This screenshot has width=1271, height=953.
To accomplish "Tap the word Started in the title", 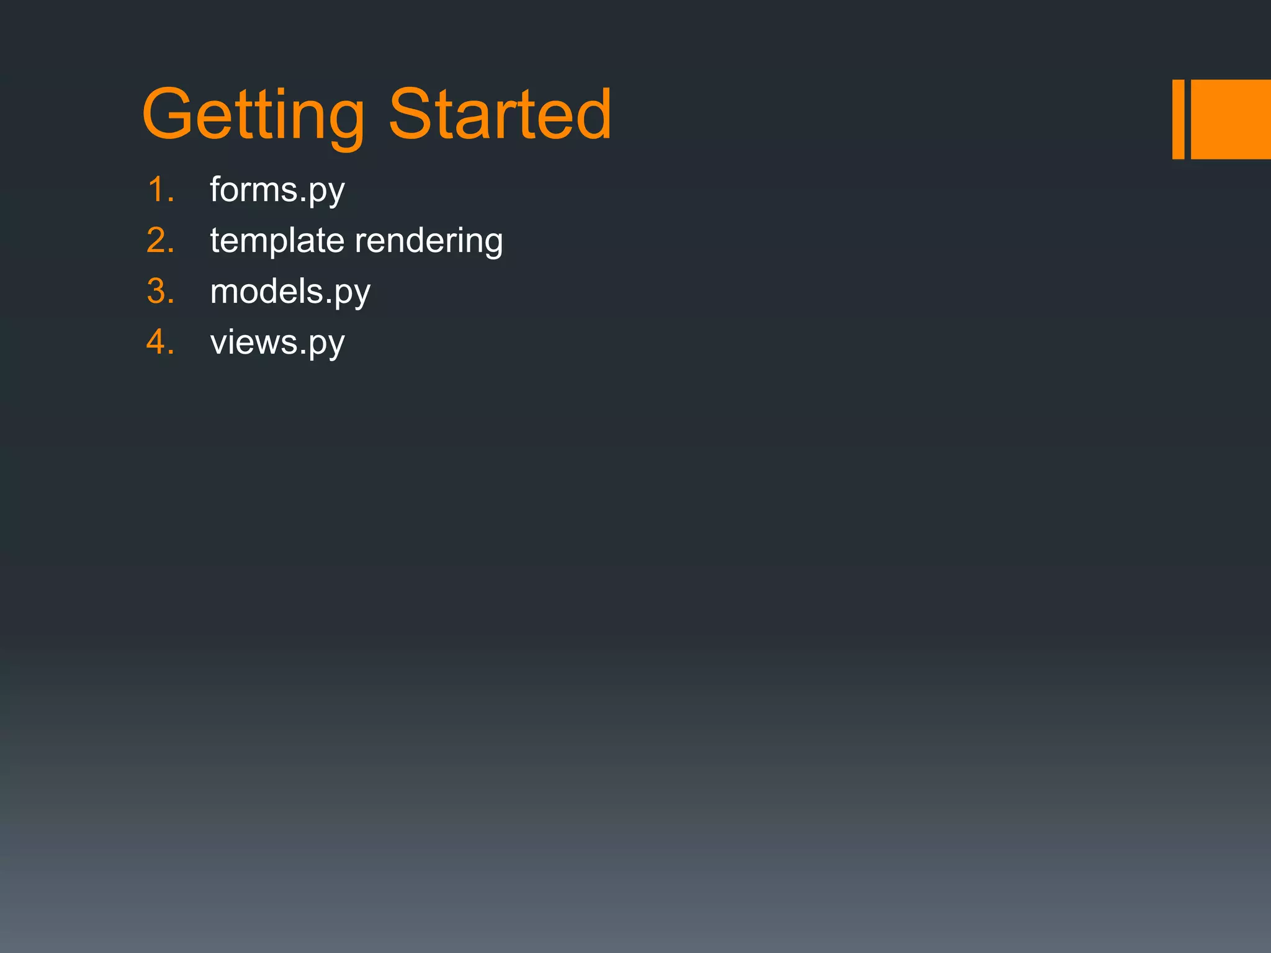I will point(500,114).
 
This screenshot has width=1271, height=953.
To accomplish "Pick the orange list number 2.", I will point(159,240).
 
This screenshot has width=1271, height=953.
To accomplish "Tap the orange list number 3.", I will point(159,291).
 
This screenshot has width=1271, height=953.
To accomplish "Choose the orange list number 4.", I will point(159,342).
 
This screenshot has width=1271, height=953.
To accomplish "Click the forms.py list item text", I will point(277,190).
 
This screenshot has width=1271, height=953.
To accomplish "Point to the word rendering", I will point(428,241).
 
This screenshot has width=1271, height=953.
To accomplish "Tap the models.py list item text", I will point(290,292).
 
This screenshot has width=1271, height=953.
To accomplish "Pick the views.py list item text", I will point(277,342).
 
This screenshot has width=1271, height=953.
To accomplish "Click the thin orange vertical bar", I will point(1178,119).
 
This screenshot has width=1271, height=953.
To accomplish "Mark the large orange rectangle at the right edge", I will point(1231,119).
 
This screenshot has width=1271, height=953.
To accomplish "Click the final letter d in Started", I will point(592,114).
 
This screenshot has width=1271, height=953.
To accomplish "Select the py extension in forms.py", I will point(326,192).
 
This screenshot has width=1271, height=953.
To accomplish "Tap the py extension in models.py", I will point(352,294).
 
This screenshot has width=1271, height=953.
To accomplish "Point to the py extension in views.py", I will point(326,345).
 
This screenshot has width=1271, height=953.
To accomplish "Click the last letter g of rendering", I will point(490,243).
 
